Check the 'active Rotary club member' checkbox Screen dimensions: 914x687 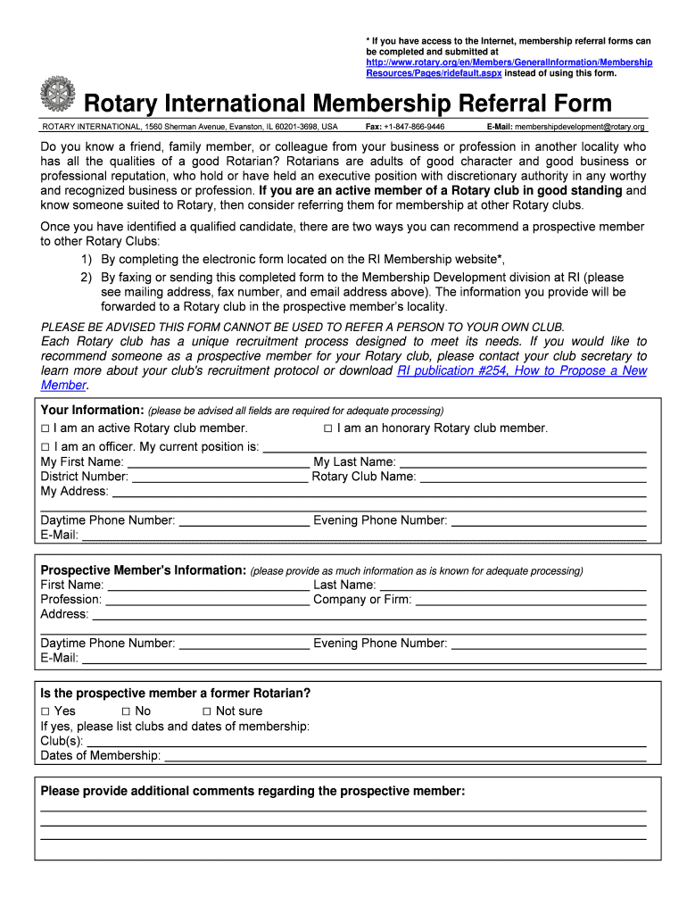coord(46,428)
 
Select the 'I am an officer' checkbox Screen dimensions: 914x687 coord(46,446)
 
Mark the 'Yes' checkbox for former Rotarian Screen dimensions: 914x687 coord(46,711)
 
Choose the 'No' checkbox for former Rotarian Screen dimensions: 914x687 coord(126,711)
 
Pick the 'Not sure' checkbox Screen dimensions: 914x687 coord(206,711)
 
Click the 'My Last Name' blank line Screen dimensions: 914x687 coord(522,463)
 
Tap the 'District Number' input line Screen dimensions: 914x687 coord(219,478)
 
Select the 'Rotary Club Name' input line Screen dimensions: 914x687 coord(533,478)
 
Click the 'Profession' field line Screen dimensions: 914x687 coord(207,601)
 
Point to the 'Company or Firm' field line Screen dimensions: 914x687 coord(531,601)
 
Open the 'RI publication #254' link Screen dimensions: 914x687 coord(522,370)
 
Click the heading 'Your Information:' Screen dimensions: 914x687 coord(92,411)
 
